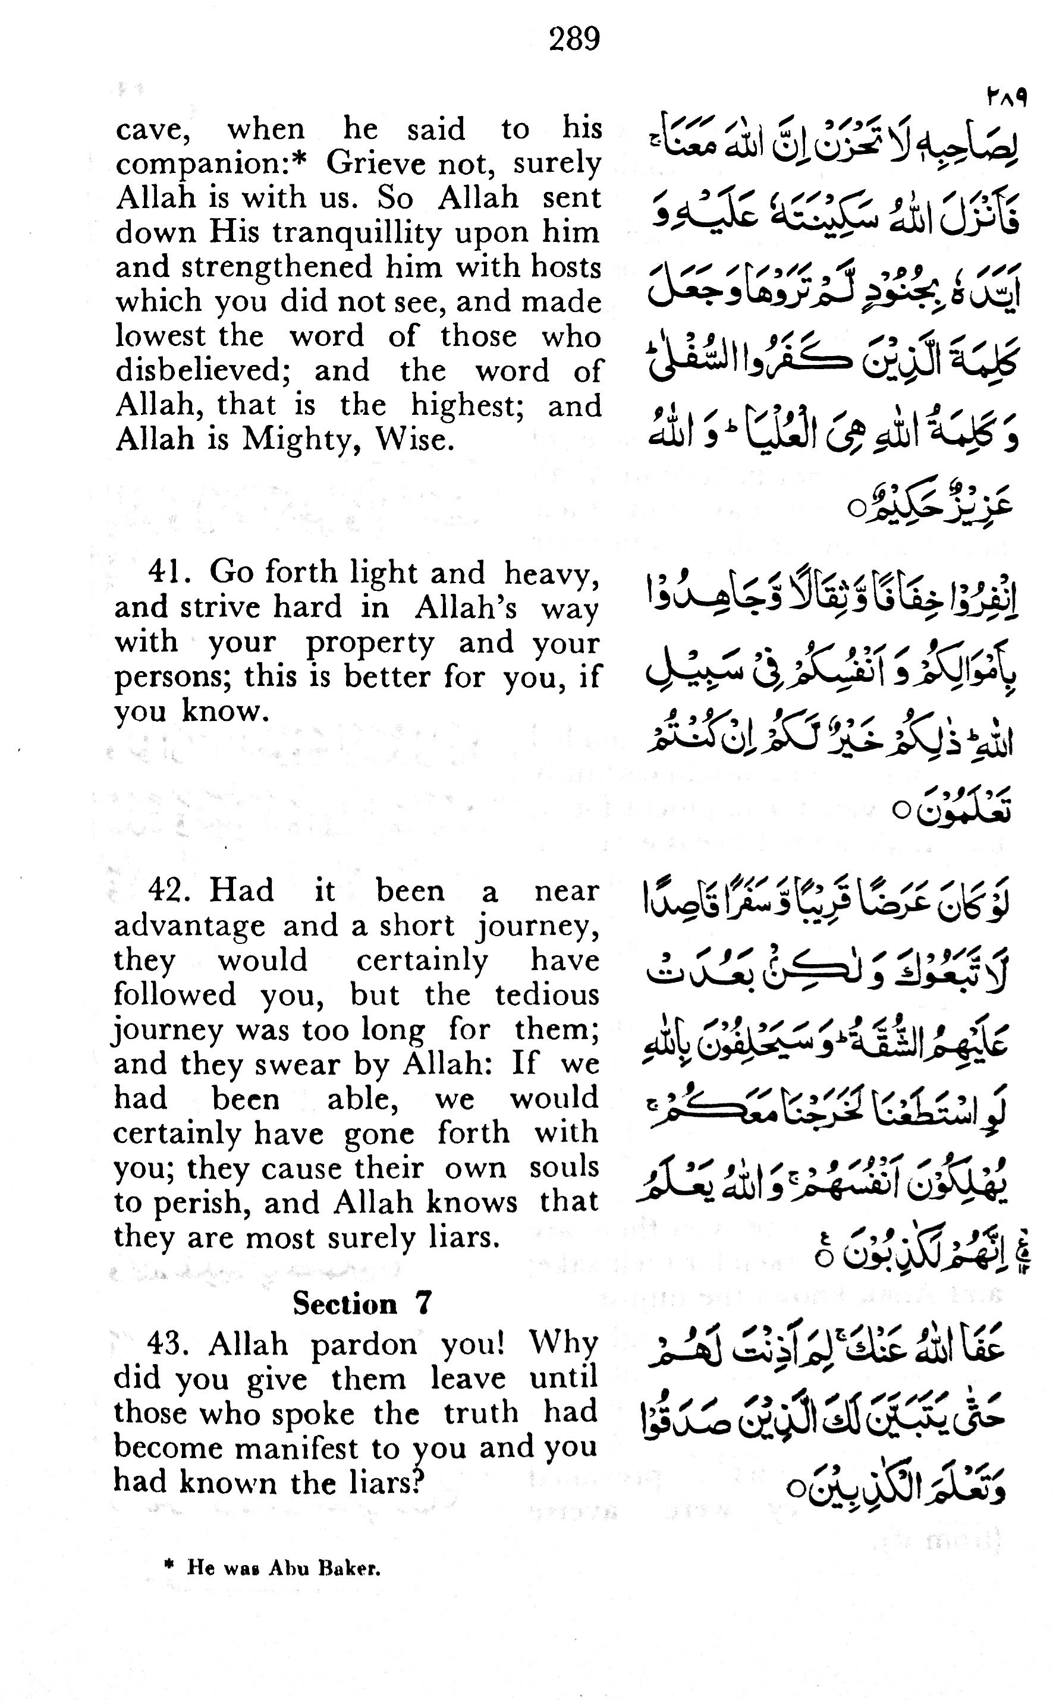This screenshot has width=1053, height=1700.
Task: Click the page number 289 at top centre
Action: [x=574, y=39]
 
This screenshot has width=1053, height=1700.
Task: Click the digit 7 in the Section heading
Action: [x=423, y=1302]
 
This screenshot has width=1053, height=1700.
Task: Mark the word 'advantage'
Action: [x=190, y=927]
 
